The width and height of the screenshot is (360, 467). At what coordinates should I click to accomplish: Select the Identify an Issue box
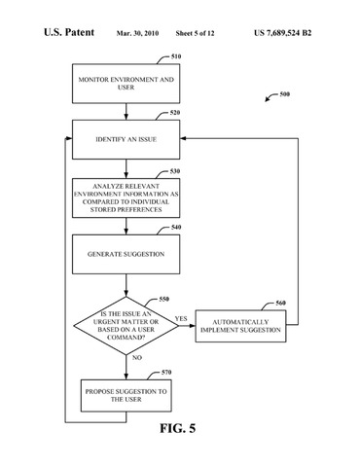[126, 139]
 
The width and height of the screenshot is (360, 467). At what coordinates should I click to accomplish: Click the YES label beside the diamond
[181, 318]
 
